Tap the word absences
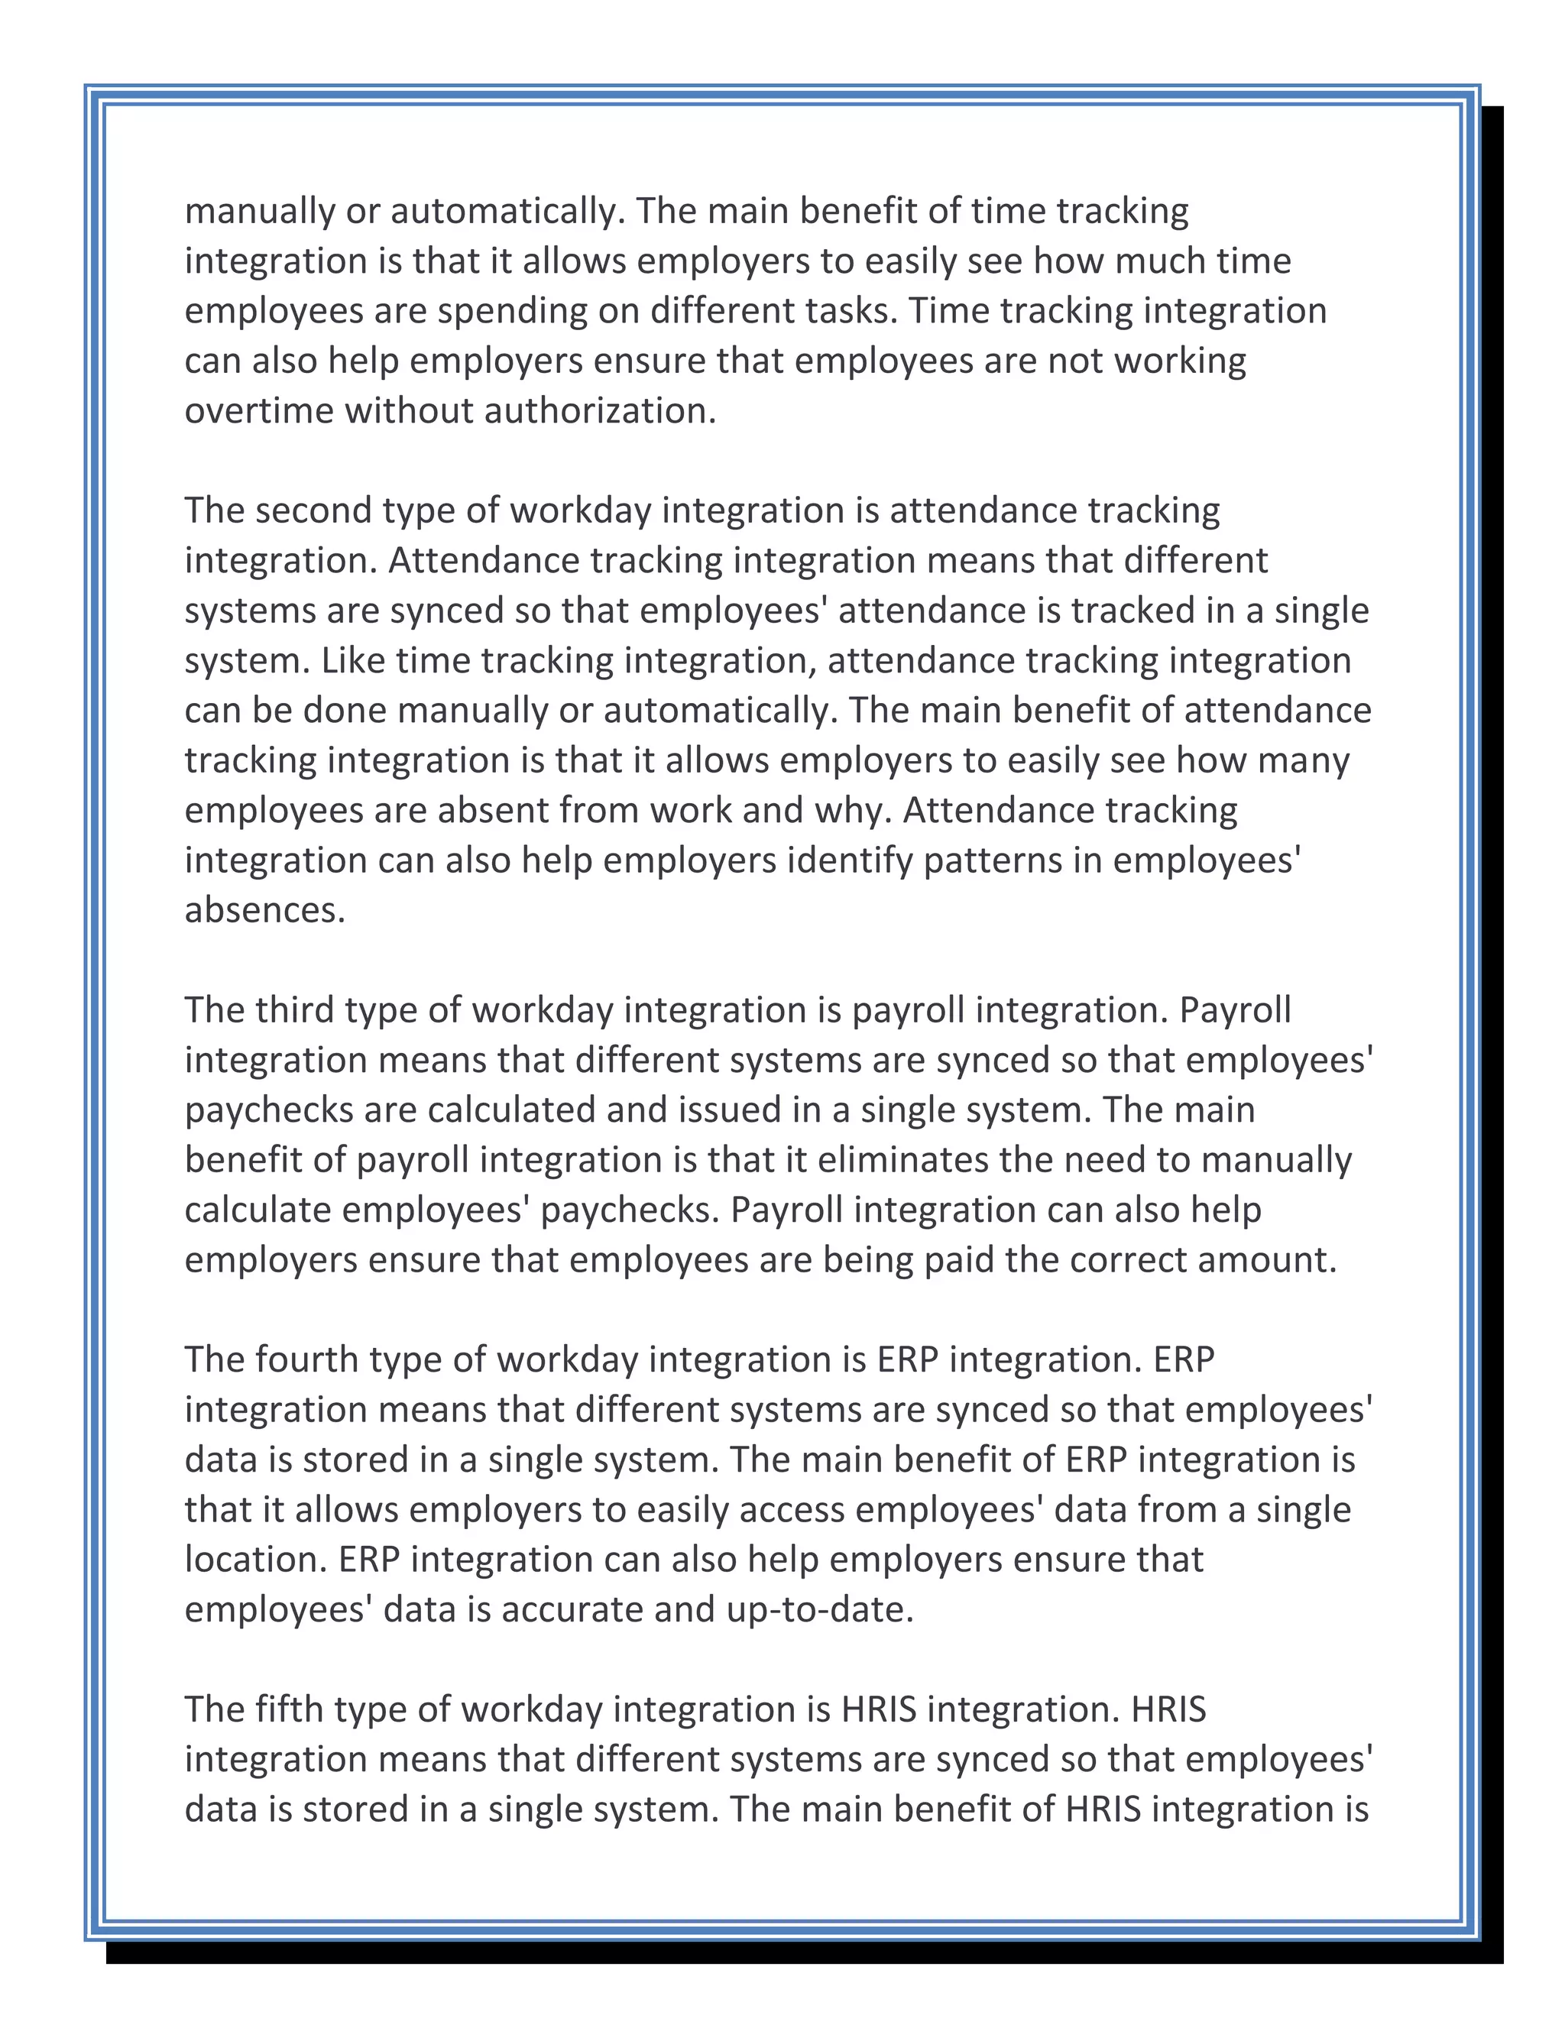(264, 911)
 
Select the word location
(256, 1560)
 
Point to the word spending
(512, 312)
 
